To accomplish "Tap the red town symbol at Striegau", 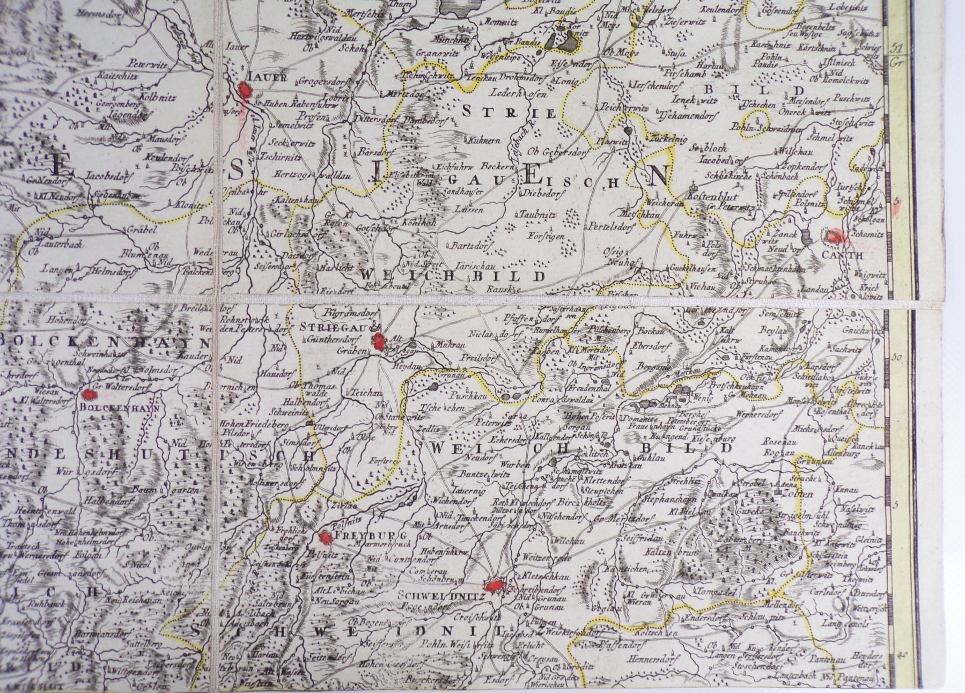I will tap(379, 341).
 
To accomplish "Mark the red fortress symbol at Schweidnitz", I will tap(494, 585).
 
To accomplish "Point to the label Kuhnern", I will tap(483, 139).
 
